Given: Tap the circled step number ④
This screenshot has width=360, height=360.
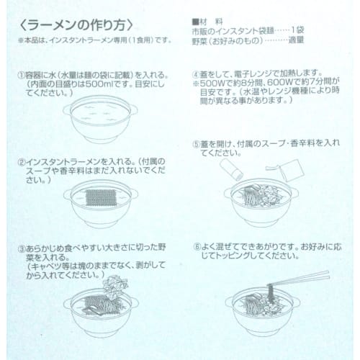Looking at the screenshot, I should point(197,74).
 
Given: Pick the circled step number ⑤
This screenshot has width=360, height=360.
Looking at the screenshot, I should point(197,143).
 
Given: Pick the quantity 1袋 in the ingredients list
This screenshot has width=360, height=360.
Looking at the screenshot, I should point(323,32).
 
